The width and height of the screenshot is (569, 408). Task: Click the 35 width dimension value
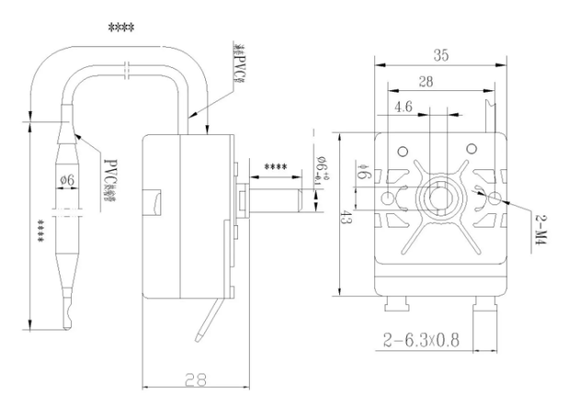pyautogui.click(x=440, y=55)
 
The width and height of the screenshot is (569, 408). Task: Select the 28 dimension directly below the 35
pyautogui.click(x=427, y=83)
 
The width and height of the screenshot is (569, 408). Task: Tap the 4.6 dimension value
pyautogui.click(x=403, y=108)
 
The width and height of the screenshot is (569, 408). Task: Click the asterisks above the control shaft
pyautogui.click(x=275, y=167)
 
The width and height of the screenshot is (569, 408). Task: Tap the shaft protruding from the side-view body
pyautogui.click(x=276, y=197)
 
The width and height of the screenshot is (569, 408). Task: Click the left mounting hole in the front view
pyautogui.click(x=389, y=198)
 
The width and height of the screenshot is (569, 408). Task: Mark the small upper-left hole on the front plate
pyautogui.click(x=401, y=151)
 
